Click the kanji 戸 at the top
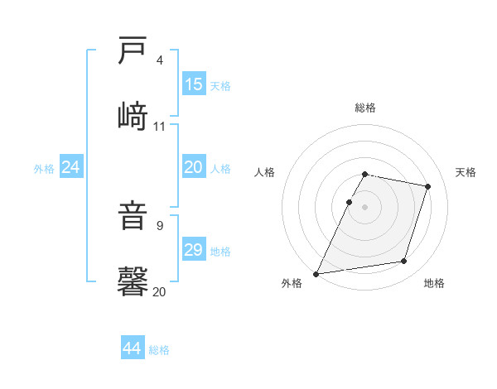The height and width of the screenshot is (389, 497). click(133, 51)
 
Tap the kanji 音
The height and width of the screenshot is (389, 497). click(133, 218)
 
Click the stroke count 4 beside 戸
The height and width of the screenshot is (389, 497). click(160, 60)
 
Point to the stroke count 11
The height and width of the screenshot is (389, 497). click(160, 126)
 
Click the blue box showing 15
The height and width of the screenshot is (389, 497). click(194, 84)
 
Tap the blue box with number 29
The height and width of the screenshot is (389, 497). click(194, 250)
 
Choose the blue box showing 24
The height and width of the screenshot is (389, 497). click(71, 167)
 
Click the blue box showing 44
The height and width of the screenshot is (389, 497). click(133, 348)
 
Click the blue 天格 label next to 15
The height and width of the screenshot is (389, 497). click(220, 85)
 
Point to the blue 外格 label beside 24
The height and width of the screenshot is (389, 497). click(44, 169)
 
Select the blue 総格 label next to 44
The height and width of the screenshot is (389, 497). click(159, 350)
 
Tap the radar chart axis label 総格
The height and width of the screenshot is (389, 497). click(365, 108)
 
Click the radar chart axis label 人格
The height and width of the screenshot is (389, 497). click(265, 172)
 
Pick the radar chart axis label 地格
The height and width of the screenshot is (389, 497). click(434, 283)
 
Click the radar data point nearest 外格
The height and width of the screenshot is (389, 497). click(316, 274)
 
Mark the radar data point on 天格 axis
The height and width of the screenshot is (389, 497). click(428, 186)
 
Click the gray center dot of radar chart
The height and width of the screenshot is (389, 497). click(365, 207)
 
